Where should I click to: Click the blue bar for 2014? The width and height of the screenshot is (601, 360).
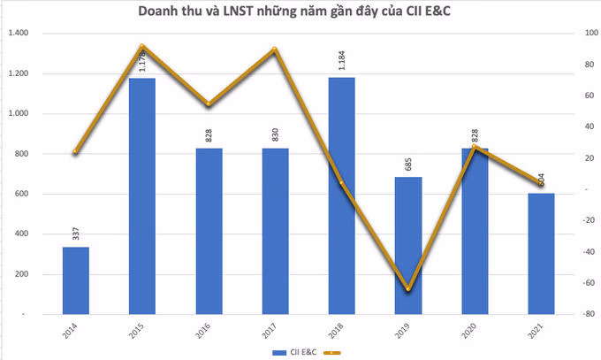click(75, 280)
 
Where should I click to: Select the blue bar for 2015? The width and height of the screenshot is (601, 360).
click(141, 195)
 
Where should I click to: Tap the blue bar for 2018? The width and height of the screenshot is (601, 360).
click(341, 195)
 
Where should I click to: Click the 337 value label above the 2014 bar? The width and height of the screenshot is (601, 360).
click(75, 234)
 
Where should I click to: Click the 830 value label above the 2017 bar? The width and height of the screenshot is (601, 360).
click(275, 135)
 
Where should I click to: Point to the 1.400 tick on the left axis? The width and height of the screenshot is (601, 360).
click(19, 34)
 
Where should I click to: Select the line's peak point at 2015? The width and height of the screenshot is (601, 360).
click(141, 46)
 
